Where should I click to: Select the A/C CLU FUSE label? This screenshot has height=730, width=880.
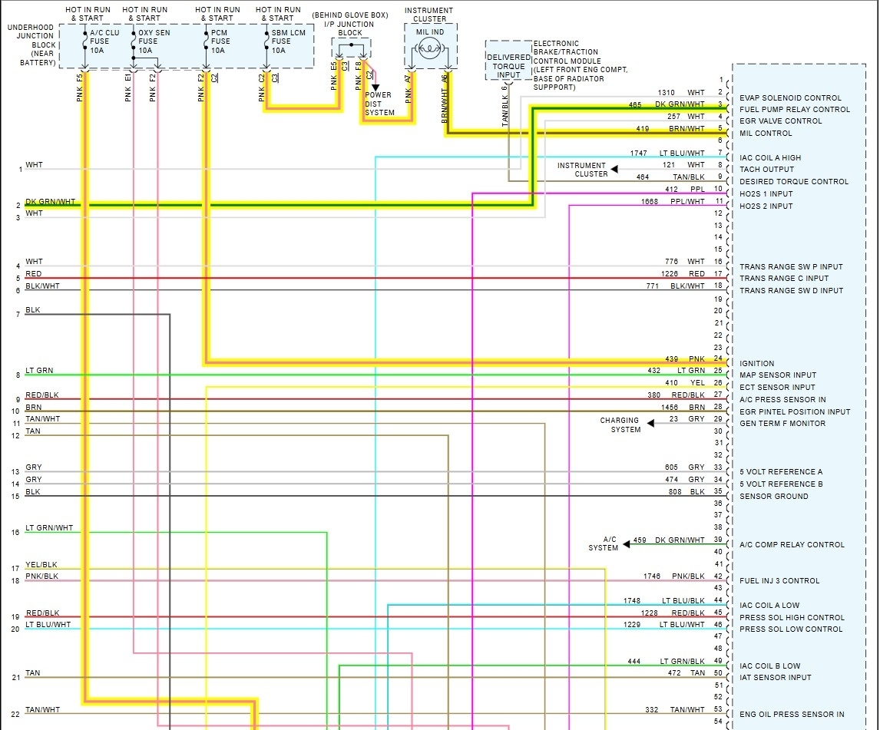(105, 41)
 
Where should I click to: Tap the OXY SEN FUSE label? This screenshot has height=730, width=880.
(154, 41)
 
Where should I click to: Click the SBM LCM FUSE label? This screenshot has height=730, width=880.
(288, 41)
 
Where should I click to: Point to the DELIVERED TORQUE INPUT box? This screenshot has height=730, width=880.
(508, 66)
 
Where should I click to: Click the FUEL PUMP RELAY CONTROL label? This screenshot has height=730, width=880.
(795, 110)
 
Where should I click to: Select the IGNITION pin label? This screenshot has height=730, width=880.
(757, 364)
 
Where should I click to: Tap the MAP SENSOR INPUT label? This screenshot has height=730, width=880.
(778, 375)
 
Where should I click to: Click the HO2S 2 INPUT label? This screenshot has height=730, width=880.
(766, 206)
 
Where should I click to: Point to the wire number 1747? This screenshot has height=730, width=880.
(639, 154)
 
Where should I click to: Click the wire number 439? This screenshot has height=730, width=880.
(673, 359)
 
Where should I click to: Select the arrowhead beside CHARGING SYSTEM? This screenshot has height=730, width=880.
(650, 423)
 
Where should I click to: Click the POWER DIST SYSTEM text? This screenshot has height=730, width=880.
(379, 104)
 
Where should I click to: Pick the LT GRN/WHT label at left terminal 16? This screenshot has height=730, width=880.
(49, 528)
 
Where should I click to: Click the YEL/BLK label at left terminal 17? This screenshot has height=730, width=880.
(41, 565)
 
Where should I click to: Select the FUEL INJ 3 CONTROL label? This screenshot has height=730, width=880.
(779, 581)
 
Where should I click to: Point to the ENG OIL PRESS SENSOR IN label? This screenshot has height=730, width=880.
(792, 715)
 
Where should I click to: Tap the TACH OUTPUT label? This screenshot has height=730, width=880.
(766, 170)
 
